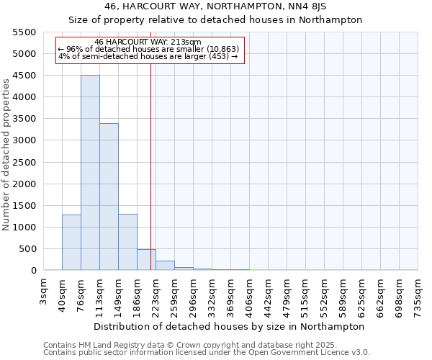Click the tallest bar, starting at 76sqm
click(90, 173)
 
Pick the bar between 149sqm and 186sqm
click(127, 243)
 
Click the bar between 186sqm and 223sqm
click(146, 260)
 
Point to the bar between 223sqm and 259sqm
click(165, 266)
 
